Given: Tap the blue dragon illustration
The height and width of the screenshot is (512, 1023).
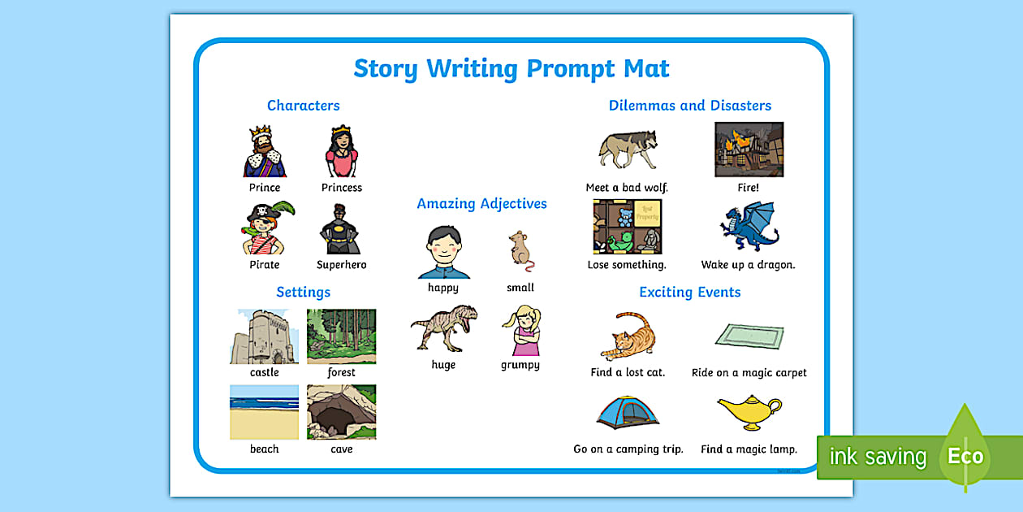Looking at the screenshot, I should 749,227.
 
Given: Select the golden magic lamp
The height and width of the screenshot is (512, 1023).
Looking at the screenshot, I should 749,411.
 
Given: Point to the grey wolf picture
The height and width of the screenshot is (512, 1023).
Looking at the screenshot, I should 627,150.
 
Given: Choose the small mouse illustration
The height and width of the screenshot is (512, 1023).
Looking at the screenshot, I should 520,249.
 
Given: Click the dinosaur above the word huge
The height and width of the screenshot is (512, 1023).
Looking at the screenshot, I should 443,328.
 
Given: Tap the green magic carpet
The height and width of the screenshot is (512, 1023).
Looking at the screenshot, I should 749,335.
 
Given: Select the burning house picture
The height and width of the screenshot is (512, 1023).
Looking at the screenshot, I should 749,150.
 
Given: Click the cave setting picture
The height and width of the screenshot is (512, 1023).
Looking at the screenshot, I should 341,412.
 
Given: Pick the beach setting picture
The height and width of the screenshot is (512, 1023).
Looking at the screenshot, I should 264,412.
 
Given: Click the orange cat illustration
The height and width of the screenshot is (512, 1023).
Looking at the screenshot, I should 628,335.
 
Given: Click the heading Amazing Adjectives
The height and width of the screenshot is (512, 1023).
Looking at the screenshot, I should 481,204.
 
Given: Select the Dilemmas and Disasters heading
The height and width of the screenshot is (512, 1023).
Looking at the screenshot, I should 690,106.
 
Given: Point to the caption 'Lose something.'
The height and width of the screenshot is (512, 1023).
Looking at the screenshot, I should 627,265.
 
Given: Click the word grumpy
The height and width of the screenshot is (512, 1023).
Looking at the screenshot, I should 520,365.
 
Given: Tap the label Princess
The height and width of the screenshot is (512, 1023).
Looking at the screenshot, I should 341,188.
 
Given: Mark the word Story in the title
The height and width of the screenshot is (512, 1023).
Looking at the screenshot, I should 386,68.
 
